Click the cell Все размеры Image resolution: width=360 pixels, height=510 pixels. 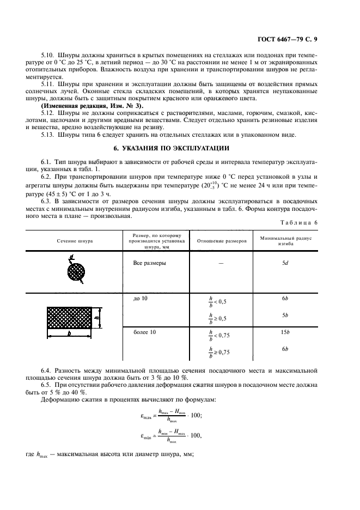coord(150,263)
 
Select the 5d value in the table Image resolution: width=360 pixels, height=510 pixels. coord(285,263)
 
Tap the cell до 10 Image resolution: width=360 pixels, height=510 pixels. coord(140,299)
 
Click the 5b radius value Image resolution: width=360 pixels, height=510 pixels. coord(285,315)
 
